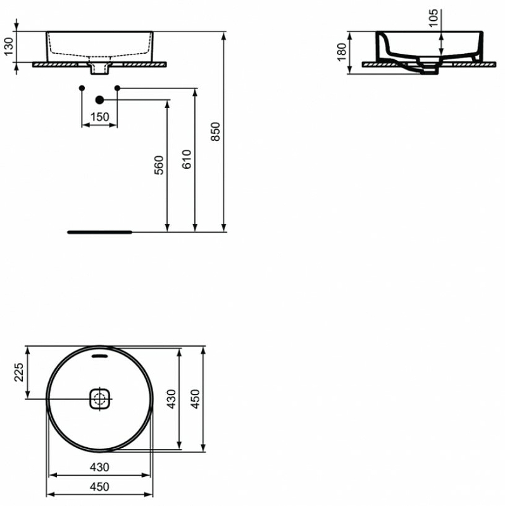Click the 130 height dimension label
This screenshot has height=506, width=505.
[9, 47]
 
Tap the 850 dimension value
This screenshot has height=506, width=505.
[215, 132]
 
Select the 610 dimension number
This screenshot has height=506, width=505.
[187, 159]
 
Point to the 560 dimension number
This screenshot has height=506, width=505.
[159, 165]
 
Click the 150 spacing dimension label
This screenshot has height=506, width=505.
[100, 117]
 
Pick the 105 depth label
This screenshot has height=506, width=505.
[433, 18]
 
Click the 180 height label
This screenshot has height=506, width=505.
[342, 52]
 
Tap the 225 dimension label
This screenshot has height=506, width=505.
[19, 372]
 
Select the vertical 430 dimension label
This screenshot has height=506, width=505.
[171, 399]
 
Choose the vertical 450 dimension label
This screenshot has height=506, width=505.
[195, 399]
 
